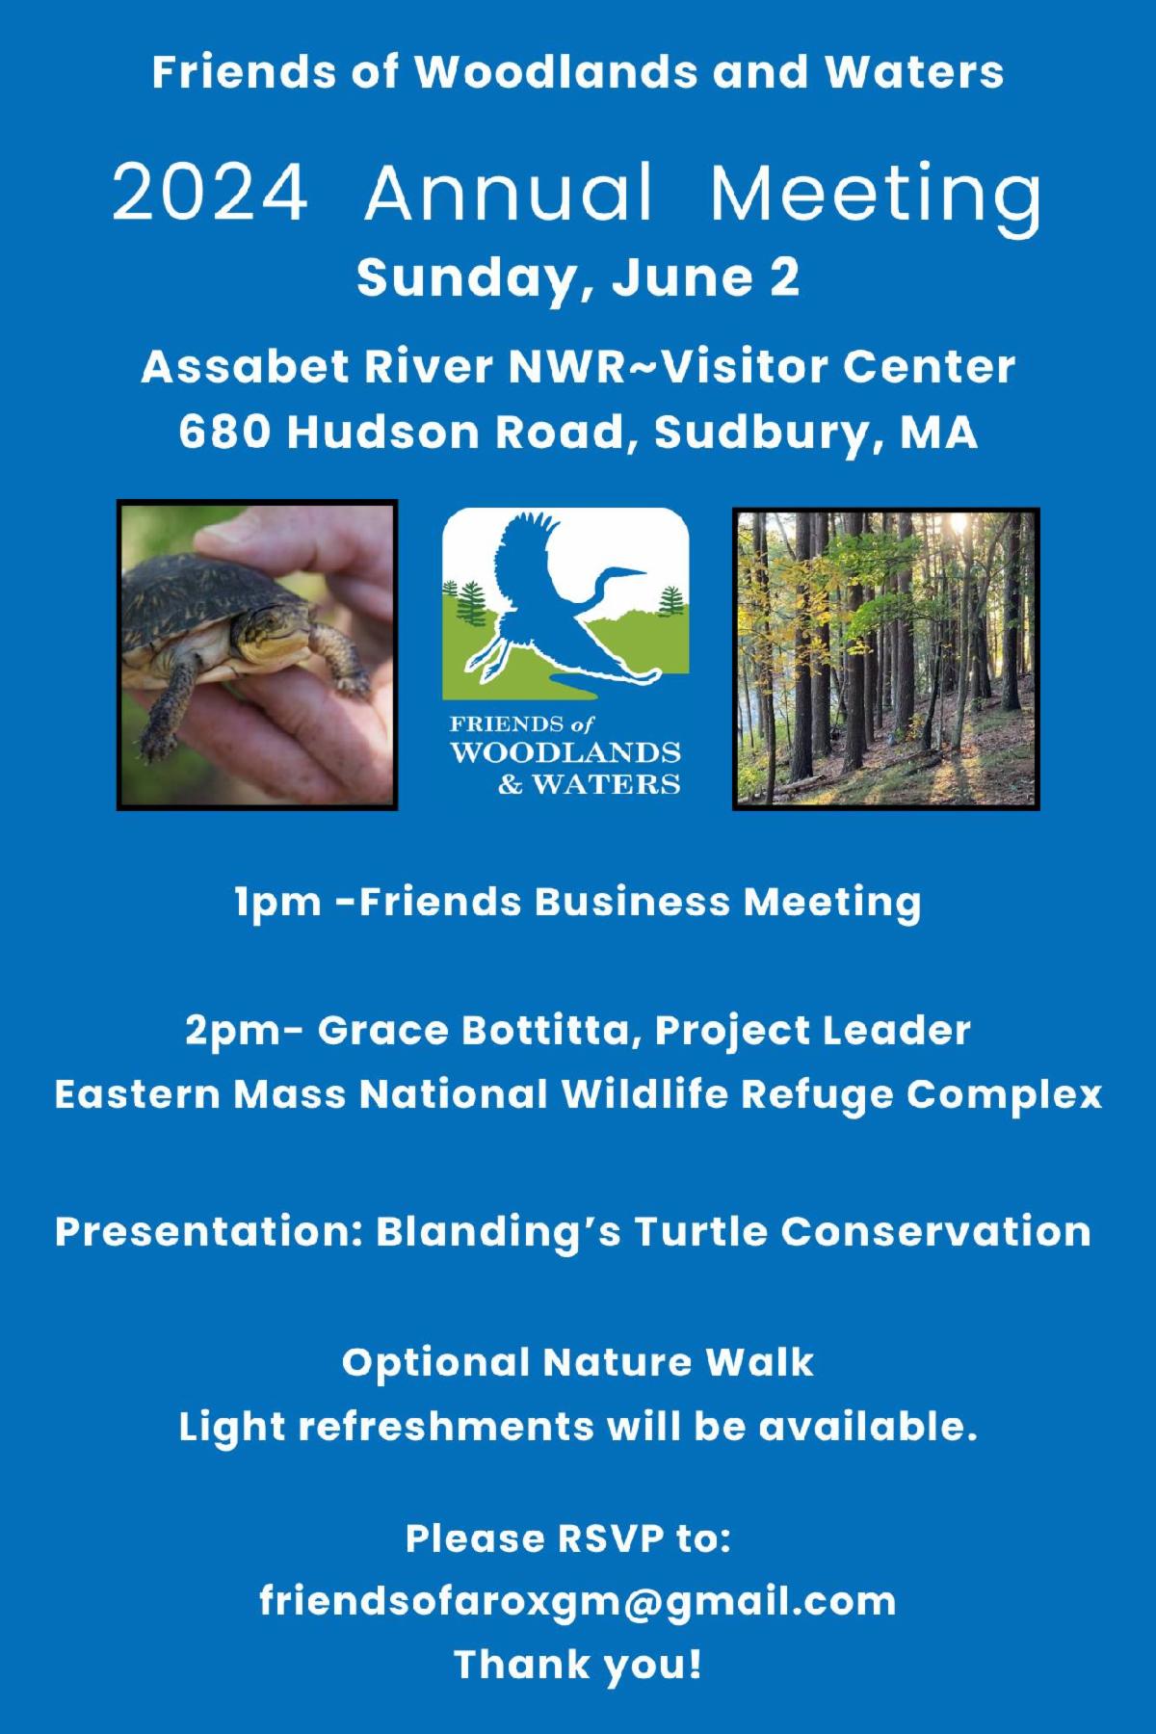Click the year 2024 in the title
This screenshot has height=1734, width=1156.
tap(210, 192)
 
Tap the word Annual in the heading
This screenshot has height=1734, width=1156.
tap(510, 192)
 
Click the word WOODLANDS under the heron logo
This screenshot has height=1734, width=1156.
tap(565, 752)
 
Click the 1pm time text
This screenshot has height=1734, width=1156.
tap(278, 904)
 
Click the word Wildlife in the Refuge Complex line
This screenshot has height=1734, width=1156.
tap(630, 1094)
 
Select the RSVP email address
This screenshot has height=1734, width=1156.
tap(578, 1602)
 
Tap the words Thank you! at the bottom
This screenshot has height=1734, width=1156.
tap(578, 1665)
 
